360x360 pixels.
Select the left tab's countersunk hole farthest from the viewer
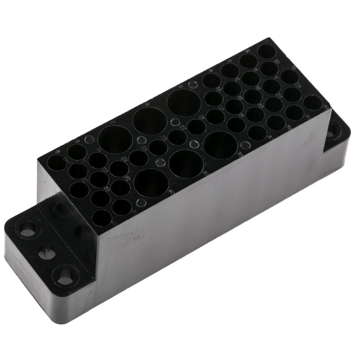pyautogui.click(x=27, y=228)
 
